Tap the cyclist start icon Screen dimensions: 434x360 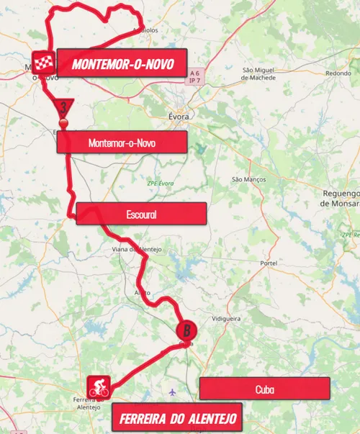tap(98, 387)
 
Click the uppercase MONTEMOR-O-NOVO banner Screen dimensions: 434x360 tap(122, 64)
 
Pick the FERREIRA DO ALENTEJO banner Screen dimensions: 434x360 tap(176, 418)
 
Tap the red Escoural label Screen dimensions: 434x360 tap(141, 214)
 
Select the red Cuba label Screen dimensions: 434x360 tap(264, 389)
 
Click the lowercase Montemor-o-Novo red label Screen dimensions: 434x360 tap(122, 143)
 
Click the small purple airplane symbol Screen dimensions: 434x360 tap(172, 392)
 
